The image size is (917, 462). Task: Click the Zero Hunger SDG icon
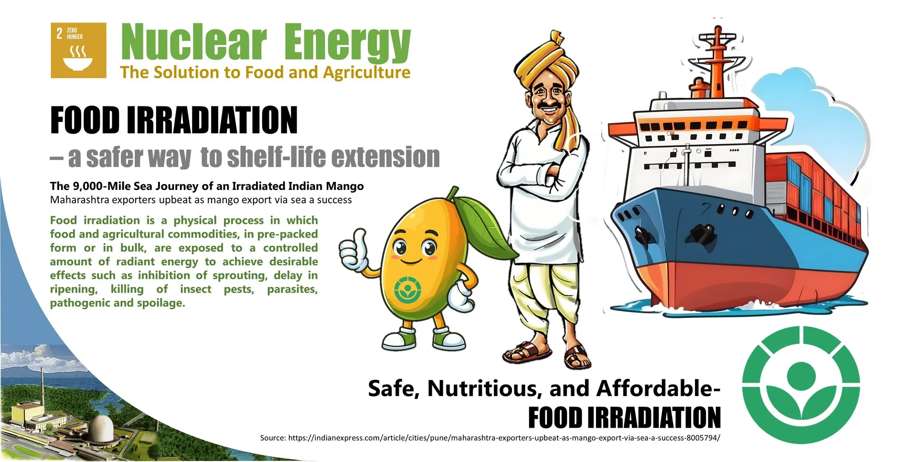[x=79, y=50]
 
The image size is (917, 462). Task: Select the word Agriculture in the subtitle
[x=367, y=73]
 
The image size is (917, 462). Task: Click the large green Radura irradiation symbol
[x=801, y=385]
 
